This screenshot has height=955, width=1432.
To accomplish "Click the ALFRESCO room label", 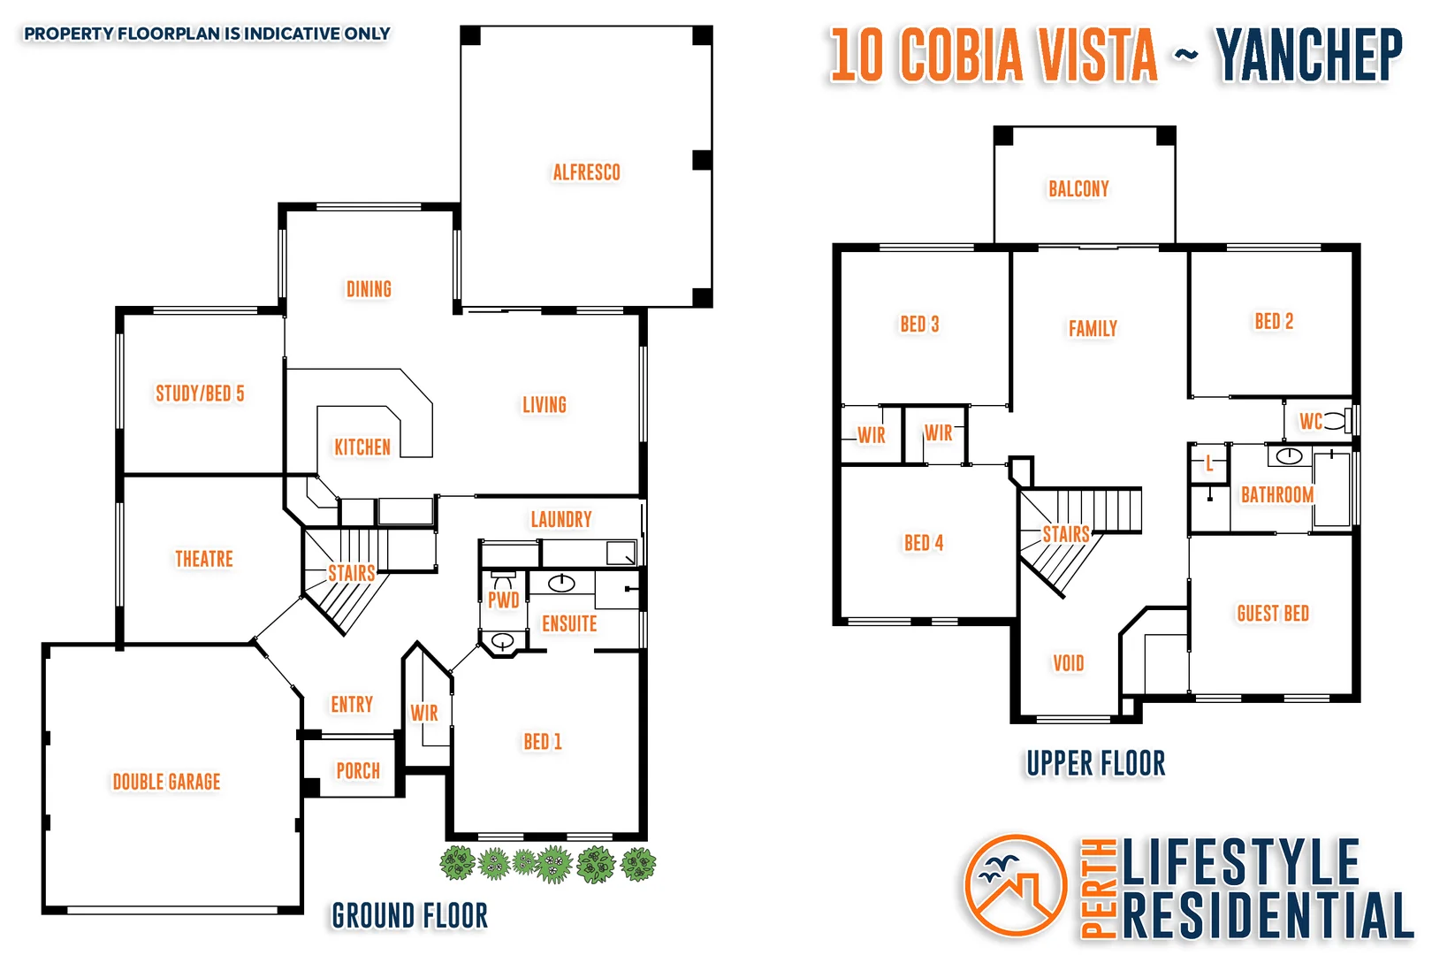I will click(x=586, y=172).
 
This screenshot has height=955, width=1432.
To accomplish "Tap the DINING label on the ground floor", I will click(x=369, y=289).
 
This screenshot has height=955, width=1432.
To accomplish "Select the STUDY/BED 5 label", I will click(x=200, y=393).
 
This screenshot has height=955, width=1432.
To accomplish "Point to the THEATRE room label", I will click(x=204, y=559).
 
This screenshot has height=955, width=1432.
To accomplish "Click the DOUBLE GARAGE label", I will click(x=166, y=782).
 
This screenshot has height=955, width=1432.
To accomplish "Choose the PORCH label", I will click(x=358, y=771).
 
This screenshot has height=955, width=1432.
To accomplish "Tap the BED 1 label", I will click(x=543, y=742).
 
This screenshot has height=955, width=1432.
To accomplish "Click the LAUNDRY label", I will click(x=561, y=519).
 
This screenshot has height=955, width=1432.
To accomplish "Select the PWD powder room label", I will click(x=504, y=600).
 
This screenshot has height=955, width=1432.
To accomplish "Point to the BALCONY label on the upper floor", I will click(x=1078, y=188).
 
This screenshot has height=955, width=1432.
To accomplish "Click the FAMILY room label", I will click(x=1093, y=329).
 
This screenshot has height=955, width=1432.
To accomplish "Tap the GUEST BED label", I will click(x=1273, y=614).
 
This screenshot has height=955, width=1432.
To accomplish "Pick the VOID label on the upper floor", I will click(x=1069, y=663).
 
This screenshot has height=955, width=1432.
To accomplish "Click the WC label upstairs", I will click(x=1311, y=422).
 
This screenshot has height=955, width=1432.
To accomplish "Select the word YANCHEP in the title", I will click(x=1309, y=55).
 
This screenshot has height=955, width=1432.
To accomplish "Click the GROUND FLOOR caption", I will click(x=410, y=916).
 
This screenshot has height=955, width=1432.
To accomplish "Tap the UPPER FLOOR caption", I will click(x=1096, y=763).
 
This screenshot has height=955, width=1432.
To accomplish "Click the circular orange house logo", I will click(x=1016, y=885).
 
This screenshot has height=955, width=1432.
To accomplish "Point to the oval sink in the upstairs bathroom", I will click(x=1289, y=456).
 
